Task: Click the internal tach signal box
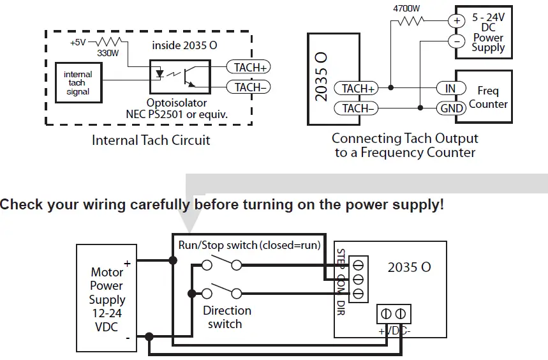[x=78, y=83]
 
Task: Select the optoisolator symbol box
[x=179, y=76]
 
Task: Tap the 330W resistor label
[x=108, y=54]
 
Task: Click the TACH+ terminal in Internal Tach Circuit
[x=251, y=67]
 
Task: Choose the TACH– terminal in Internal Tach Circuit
[x=251, y=87]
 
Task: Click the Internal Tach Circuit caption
[x=151, y=140]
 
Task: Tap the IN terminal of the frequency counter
[x=450, y=88]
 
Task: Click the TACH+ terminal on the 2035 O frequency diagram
[x=358, y=89]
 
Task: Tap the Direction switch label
[x=226, y=317]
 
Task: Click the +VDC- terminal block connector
[x=392, y=314]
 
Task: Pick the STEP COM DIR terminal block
[x=358, y=278]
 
